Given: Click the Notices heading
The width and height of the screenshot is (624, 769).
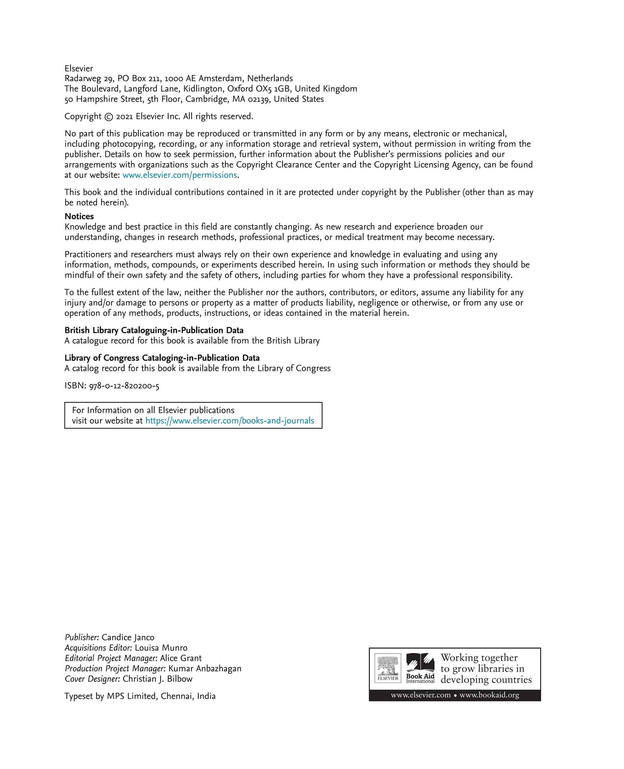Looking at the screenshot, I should coord(79,216).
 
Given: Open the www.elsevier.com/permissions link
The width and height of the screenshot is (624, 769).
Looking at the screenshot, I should coord(180,175).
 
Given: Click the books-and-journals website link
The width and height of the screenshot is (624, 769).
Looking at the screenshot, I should coord(230,421).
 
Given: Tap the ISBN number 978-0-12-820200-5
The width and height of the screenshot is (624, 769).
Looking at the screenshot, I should coord(124,386).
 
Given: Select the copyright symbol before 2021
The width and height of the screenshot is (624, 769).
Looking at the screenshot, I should coord(108,117).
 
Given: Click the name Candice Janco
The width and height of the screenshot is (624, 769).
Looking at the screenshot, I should coord(128,637).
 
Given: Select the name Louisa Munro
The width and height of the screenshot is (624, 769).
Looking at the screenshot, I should coord(161,648).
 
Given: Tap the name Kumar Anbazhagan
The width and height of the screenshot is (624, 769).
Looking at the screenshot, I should coord(205,669).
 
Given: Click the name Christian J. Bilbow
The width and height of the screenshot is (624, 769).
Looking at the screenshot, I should coord(158,679).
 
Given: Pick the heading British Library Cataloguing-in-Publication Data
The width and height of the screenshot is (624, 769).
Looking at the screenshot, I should coord(154,330).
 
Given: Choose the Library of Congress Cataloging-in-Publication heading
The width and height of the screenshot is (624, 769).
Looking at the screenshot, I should coord(162,358).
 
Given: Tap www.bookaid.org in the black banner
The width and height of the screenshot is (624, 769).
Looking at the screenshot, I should coord(489,695).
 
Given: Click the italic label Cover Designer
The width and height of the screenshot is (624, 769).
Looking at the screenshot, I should coord(92,679).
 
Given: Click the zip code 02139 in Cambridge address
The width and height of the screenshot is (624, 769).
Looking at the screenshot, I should coord(258,100).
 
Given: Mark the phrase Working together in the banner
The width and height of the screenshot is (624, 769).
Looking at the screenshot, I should coord(479,657).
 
